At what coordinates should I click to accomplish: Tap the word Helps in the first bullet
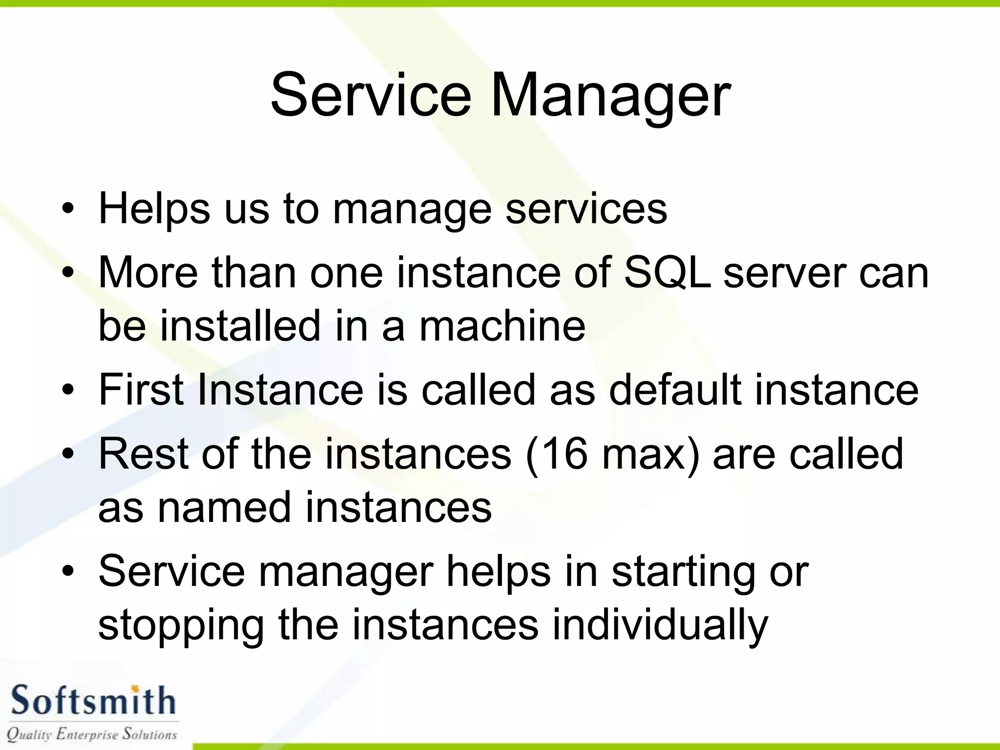coord(154,209)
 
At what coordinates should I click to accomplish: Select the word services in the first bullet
coord(586,209)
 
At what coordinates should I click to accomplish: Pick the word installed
coord(240,326)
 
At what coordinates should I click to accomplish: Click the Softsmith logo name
coord(93,701)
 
